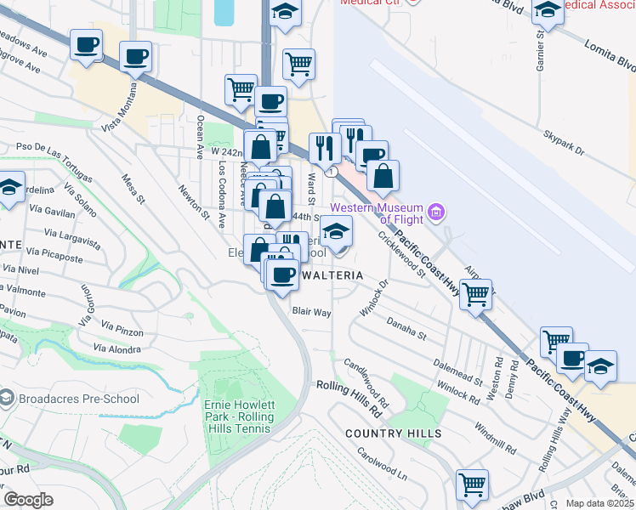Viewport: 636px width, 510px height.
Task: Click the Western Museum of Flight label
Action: click(377, 213)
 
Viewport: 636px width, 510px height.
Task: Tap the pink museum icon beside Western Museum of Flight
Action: click(436, 210)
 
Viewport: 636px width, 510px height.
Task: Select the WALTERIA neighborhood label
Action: click(330, 276)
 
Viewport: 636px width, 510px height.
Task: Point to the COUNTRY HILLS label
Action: click(393, 433)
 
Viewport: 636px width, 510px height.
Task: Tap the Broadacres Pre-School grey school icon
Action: click(6, 398)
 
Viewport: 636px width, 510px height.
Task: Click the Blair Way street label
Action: click(311, 312)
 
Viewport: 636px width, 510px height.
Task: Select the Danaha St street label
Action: click(406, 328)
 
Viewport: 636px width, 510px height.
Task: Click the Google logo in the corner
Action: click(28, 500)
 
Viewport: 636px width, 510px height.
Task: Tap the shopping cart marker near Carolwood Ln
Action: click(472, 485)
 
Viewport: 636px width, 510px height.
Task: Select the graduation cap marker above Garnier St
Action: click(548, 11)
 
